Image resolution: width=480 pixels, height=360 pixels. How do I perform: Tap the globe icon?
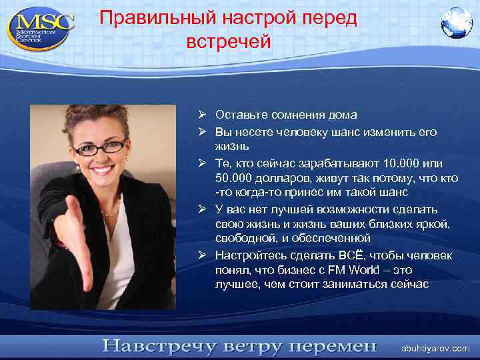[456, 23]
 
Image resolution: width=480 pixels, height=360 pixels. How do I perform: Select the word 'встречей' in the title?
[229, 42]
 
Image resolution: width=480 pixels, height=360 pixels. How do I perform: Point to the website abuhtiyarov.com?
[435, 349]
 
